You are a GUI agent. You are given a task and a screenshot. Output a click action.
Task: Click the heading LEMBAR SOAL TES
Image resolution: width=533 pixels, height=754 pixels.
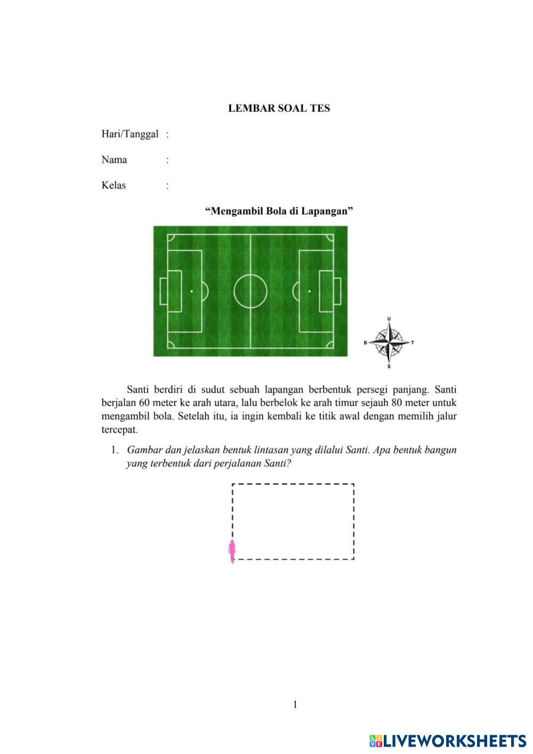279,108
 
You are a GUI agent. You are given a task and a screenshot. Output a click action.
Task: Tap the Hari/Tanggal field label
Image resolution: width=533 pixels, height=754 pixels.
130,134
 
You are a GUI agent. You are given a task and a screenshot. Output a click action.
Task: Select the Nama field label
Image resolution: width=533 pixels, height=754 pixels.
114,160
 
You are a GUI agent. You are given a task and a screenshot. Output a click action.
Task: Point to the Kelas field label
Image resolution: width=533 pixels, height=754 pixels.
114,185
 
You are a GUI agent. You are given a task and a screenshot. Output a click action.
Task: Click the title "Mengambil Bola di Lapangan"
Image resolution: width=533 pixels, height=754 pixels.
279,211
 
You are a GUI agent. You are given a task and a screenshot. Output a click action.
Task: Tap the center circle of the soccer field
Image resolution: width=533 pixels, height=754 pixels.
250,291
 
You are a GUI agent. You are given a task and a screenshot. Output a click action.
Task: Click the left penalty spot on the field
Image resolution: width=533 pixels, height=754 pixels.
191,291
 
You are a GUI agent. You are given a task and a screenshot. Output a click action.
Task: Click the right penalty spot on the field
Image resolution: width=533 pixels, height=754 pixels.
309,291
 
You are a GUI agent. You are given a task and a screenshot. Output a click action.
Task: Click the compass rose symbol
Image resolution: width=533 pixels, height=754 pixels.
389,342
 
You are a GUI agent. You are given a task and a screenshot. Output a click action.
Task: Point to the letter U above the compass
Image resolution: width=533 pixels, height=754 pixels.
389,319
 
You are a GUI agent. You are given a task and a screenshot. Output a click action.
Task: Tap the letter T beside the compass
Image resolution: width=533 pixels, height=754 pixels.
413,342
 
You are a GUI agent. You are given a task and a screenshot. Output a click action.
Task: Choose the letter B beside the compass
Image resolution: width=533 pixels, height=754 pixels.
365,343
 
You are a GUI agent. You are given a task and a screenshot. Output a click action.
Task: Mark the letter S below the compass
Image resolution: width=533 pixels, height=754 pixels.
389,366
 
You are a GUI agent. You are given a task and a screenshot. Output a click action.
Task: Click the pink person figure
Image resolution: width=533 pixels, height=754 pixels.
232,552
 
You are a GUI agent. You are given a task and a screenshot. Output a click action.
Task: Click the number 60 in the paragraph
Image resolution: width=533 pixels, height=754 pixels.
145,403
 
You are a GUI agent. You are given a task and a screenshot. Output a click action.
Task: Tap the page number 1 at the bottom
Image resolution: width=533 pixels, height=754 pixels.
295,705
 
